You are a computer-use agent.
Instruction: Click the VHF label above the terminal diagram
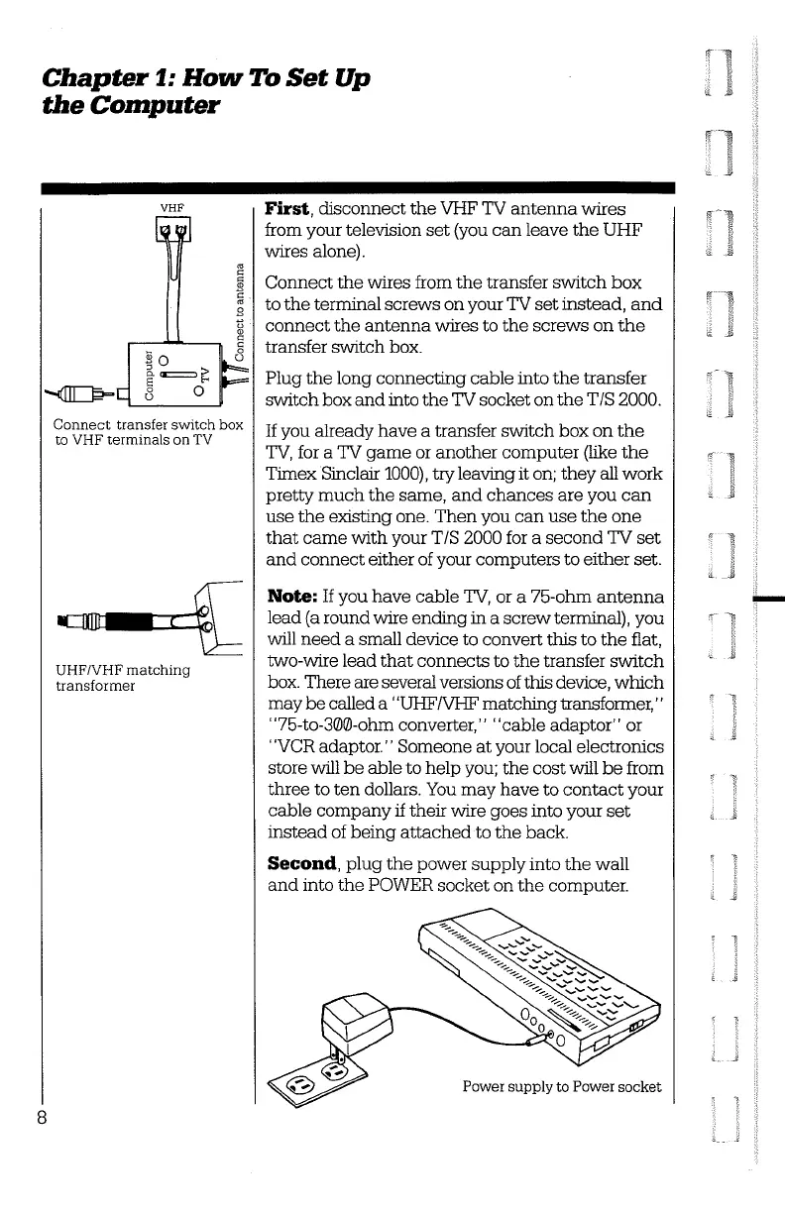coord(165,208)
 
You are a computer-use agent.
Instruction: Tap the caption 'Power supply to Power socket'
coord(561,1086)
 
